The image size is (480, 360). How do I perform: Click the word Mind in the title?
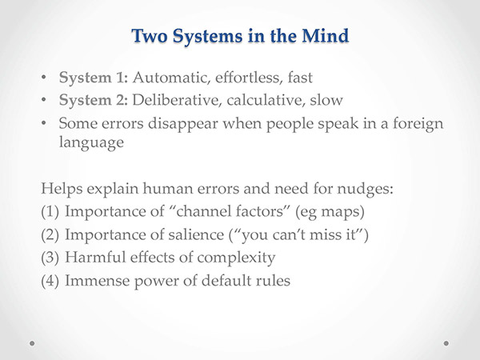[x=325, y=35]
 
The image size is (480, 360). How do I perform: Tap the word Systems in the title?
[x=208, y=37]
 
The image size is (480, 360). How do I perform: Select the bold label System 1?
[x=94, y=78]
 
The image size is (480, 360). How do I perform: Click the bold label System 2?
[x=94, y=101]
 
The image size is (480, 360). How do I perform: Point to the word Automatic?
[x=172, y=78]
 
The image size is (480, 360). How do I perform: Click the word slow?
[x=326, y=100]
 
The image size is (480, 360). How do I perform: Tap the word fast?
[x=300, y=77]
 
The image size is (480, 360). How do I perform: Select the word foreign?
[x=418, y=124]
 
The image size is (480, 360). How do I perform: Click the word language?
[x=91, y=143]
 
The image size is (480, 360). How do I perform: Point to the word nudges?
[x=365, y=189]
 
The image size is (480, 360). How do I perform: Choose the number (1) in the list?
[x=50, y=212]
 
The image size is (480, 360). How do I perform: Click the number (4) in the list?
[x=50, y=281]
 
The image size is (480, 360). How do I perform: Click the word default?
[x=223, y=281]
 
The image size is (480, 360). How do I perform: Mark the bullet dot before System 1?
[x=44, y=77]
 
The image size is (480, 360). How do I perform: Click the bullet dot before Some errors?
[x=44, y=122]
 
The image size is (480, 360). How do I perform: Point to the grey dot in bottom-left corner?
[x=32, y=343]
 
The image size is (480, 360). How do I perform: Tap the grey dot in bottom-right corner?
[x=446, y=343]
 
